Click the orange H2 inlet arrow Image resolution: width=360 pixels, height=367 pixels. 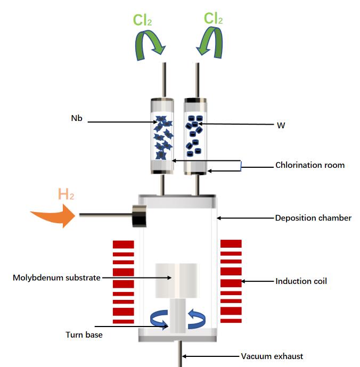point(53,216)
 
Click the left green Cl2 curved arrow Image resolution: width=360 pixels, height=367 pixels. point(144,44)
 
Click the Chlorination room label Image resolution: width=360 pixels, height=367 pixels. point(309,165)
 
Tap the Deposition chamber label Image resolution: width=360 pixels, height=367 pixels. point(313,218)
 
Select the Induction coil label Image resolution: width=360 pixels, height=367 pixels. point(301,281)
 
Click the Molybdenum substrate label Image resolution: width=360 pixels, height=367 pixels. point(56,278)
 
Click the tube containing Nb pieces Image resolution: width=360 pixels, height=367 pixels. point(163,136)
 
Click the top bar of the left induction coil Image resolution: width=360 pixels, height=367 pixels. point(124,243)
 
